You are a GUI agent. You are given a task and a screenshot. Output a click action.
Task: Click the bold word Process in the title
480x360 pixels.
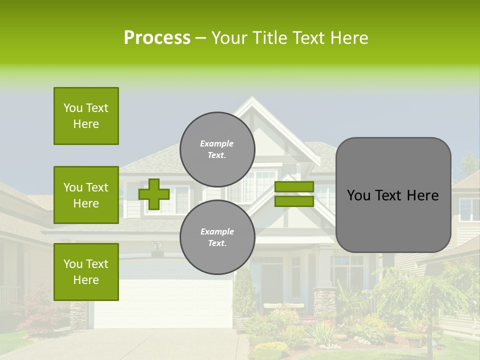pyautogui.click(x=157, y=38)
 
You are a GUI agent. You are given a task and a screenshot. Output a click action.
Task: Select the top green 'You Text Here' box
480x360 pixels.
pyautogui.click(x=86, y=116)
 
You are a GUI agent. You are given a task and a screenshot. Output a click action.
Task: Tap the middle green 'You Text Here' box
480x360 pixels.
pyautogui.click(x=86, y=195)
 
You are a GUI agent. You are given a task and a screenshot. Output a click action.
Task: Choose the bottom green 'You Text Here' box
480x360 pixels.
pyautogui.click(x=86, y=272)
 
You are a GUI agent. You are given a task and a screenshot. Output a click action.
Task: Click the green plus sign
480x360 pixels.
pyautogui.click(x=153, y=194)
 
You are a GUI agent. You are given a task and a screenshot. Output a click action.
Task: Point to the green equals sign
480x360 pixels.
pyautogui.click(x=294, y=194)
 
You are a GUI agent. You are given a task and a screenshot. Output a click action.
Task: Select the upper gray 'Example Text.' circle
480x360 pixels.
pyautogui.click(x=217, y=149)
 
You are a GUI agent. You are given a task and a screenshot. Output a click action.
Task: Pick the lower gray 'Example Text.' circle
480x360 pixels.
pyautogui.click(x=217, y=237)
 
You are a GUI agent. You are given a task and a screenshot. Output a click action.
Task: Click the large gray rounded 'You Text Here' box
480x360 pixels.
pyautogui.click(x=393, y=195)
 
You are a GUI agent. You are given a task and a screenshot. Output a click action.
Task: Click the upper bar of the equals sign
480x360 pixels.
pyautogui.click(x=294, y=186)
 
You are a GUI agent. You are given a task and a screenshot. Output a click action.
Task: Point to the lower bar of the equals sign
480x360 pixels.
pyautogui.click(x=294, y=201)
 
